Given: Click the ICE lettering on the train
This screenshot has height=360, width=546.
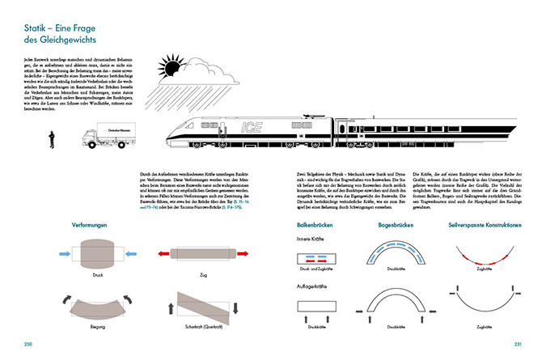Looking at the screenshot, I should pos(251,127).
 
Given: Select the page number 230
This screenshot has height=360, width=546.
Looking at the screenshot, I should pos(30,344).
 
